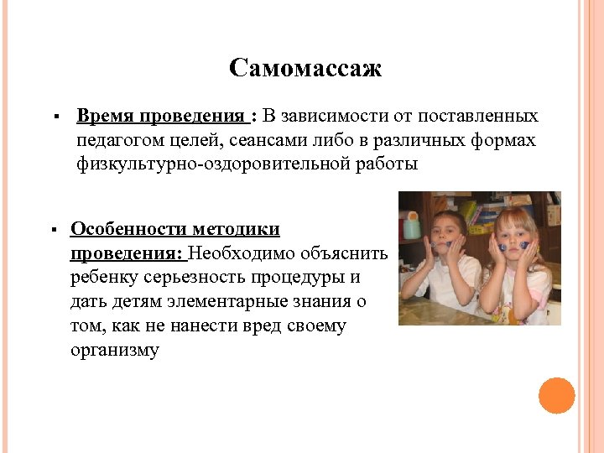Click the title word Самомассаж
pos(305,68)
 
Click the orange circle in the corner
pos(557,395)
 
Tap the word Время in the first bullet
pos(105,116)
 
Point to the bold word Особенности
pos(128,229)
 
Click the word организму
pos(115,350)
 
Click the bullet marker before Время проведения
pos(53,117)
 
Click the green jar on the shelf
pos(411,226)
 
